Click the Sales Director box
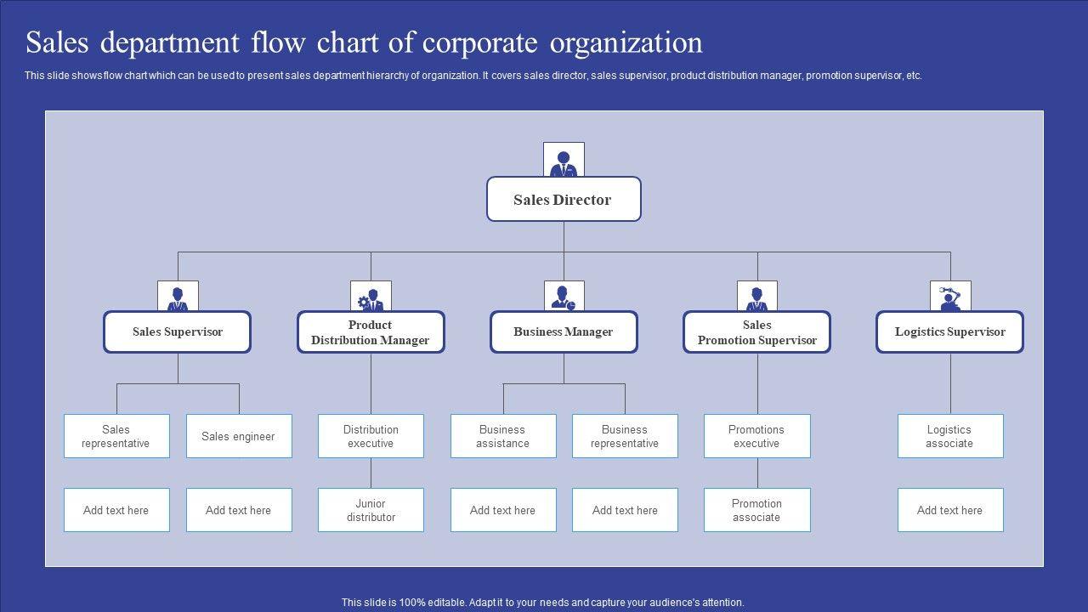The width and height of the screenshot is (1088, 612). point(564,200)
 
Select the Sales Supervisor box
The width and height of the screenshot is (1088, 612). point(177,332)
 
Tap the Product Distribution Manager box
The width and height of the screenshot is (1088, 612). point(371,332)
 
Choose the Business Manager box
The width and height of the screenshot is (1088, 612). point(564,332)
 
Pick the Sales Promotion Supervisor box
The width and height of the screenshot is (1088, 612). point(756,332)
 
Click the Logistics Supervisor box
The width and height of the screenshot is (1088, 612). point(949,332)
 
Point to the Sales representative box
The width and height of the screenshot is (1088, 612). point(116,436)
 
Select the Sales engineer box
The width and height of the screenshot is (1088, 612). point(239,436)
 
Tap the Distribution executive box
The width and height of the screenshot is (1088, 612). point(371,436)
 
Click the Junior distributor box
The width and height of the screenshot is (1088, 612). point(371,510)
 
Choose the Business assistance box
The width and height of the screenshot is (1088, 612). point(503,436)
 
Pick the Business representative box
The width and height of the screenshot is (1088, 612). point(625,436)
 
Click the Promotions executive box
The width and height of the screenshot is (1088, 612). point(756,436)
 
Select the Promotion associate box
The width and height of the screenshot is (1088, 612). point(756,510)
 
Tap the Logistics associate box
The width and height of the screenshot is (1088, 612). point(950,436)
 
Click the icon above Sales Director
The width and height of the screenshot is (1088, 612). point(564,161)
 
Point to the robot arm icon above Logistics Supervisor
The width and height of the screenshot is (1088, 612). point(950,297)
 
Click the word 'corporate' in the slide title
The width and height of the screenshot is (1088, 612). point(481,42)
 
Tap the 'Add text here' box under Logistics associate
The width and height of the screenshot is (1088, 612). point(950,510)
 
